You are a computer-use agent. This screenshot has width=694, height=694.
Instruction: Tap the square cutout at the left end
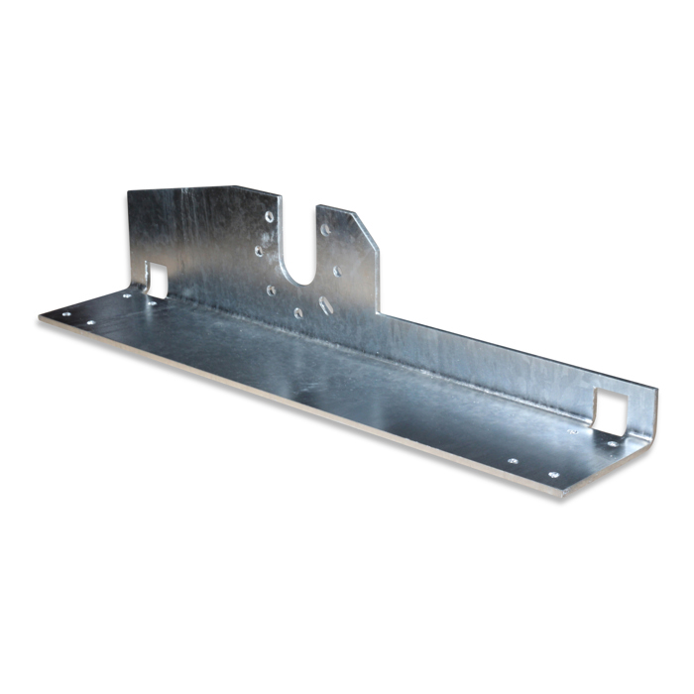click(x=157, y=278)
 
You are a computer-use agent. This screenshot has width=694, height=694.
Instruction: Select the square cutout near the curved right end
click(x=611, y=409)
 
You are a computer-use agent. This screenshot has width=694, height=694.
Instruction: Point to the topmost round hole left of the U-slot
click(x=270, y=216)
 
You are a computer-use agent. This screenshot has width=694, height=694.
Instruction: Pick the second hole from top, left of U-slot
click(x=259, y=251)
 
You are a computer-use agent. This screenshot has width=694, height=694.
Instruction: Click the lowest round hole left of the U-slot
click(x=297, y=312)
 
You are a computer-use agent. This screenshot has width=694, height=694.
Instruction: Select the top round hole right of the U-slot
click(x=326, y=229)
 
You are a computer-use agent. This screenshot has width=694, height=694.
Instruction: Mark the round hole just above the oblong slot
click(x=338, y=271)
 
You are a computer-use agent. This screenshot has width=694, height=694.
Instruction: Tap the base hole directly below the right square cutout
click(x=611, y=443)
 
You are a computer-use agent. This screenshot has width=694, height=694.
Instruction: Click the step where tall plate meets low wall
click(x=380, y=315)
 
